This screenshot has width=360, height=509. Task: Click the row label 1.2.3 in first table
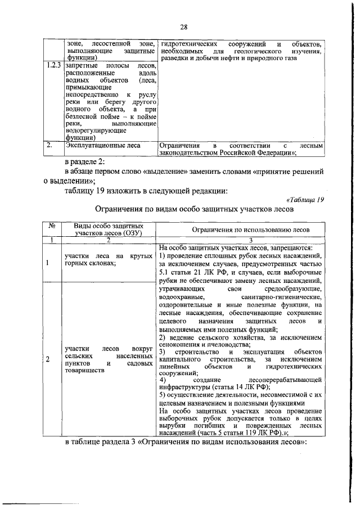[53, 66]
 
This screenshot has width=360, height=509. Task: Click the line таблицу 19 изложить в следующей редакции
[146, 190]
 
